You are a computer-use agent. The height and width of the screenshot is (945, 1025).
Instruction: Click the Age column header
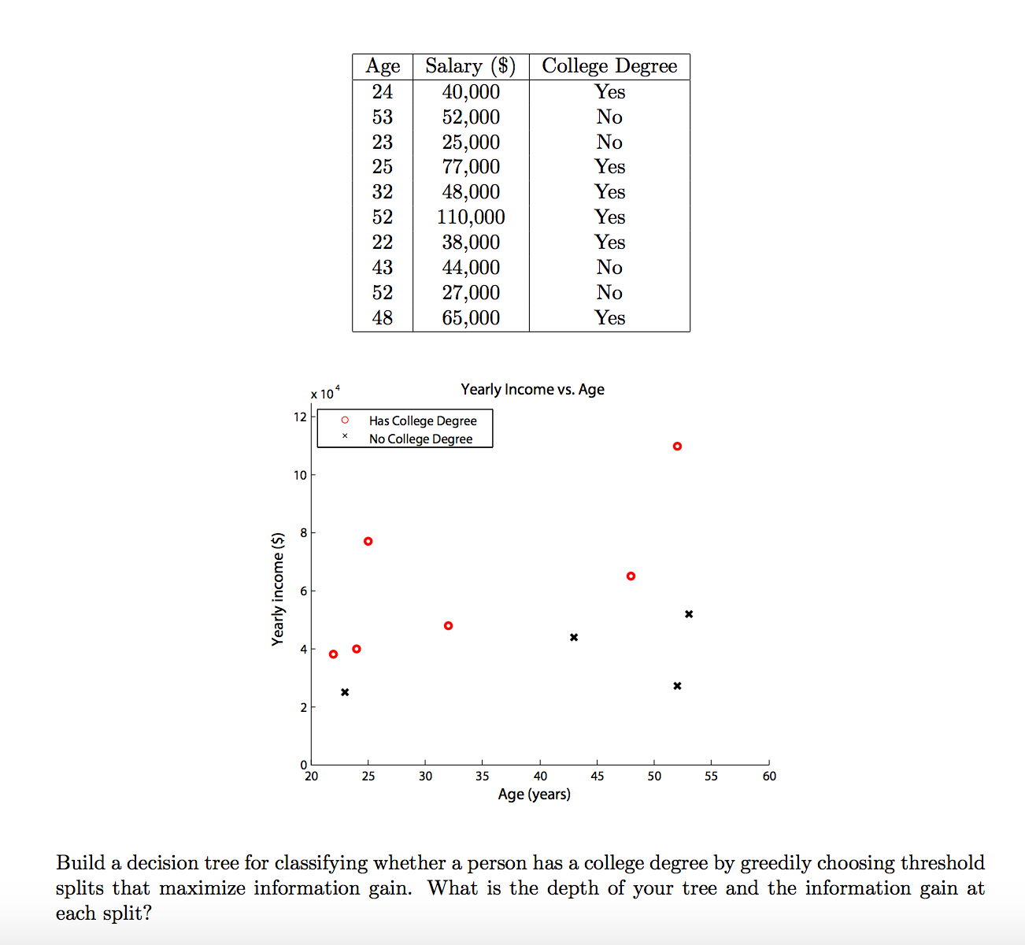coord(383,66)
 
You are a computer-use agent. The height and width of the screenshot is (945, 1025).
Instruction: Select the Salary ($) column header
coord(471,66)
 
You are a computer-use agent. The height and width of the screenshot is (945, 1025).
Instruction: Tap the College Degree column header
coord(609,66)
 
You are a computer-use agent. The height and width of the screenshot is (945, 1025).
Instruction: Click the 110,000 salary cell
coord(471,217)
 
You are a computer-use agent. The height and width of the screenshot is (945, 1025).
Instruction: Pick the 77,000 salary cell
coord(471,167)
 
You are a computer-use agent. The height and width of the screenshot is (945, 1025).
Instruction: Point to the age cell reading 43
coord(383,268)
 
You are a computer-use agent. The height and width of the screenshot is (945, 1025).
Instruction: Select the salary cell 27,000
coord(471,293)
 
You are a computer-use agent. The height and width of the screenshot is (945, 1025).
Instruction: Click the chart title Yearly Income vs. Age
coord(532,389)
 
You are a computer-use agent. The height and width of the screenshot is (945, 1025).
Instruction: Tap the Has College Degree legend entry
coord(423,421)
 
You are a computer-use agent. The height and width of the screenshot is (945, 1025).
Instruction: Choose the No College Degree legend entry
coord(420,439)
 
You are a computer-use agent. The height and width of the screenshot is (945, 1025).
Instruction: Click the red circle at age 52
coord(677,447)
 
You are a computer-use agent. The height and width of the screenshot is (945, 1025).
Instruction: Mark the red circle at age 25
coord(368,541)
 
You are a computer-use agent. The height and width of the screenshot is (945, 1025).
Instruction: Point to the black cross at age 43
coord(574,637)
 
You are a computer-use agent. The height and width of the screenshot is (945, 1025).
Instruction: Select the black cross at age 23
coord(345,692)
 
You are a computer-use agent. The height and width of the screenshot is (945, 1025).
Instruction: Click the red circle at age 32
coord(448,626)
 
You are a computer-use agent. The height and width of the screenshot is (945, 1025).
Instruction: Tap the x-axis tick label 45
coord(598,776)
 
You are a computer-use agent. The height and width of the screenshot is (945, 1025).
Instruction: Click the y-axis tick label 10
coord(300,475)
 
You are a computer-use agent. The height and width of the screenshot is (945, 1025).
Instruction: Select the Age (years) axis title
coord(534,795)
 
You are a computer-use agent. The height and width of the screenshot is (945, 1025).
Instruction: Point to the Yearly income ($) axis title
coord(277,589)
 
